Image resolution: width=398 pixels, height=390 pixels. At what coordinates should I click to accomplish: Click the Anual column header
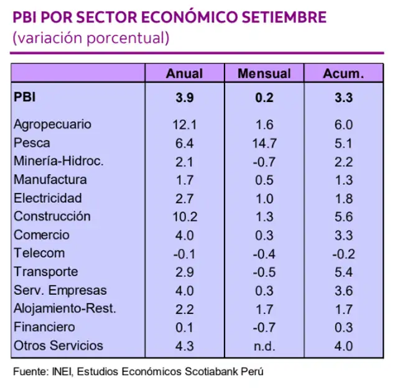tap(184, 73)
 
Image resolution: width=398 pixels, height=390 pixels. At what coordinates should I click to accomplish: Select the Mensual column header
tap(264, 73)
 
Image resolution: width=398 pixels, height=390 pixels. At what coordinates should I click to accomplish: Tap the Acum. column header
tap(343, 73)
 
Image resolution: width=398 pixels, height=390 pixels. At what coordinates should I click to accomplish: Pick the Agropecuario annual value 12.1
tap(184, 124)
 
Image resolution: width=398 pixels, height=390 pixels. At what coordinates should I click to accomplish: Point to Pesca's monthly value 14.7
tap(264, 142)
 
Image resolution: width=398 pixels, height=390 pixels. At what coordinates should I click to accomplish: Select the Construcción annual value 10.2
tap(184, 216)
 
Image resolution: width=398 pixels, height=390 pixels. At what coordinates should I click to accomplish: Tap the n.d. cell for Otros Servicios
tap(264, 346)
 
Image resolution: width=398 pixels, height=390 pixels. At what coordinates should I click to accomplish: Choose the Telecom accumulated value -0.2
tap(343, 253)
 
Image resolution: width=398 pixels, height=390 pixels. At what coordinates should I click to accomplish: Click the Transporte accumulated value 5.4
tap(343, 272)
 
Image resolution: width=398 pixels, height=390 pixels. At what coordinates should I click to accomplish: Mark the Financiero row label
tap(44, 327)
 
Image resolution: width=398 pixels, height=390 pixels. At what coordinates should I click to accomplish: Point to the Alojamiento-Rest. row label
tap(65, 309)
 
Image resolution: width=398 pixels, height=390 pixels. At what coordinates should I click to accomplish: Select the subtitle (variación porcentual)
tap(90, 38)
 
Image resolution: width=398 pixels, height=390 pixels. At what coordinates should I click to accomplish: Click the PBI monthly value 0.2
tap(264, 97)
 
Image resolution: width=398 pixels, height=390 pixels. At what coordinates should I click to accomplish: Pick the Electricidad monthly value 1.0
tap(264, 198)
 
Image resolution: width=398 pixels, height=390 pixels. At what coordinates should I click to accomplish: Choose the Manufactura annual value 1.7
tap(184, 179)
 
